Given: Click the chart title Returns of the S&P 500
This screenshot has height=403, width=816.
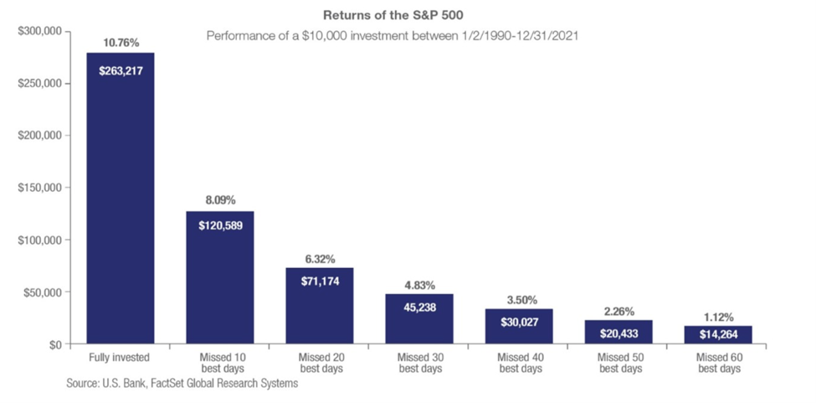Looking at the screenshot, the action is [393, 14].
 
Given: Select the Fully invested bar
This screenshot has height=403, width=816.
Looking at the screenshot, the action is [121, 198].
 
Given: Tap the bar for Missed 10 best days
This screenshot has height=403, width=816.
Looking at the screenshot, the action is [219, 277].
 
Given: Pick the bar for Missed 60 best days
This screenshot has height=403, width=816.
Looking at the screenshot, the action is [718, 335].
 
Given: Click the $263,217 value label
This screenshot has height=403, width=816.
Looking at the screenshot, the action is [121, 71].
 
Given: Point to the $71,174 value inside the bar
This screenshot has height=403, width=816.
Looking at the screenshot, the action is [320, 282].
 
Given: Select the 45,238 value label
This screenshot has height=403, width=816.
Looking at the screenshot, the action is [419, 307].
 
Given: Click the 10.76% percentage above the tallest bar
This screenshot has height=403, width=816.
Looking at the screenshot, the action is [121, 44].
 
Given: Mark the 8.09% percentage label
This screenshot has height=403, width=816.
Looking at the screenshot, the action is [220, 200].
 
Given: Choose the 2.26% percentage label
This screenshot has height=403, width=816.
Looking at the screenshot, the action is [618, 312].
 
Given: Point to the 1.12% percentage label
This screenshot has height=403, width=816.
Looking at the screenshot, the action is [718, 316].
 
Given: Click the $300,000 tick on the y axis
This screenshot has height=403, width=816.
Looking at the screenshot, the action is [41, 32].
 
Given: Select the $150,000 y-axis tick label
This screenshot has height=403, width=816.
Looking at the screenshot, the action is [41, 188].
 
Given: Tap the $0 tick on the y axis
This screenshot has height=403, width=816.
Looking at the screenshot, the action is [55, 344].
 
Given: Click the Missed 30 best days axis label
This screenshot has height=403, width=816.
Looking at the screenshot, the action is [419, 363].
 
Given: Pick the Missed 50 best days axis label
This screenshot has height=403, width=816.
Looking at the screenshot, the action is [618, 363].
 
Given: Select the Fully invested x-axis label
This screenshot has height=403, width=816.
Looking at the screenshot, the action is [121, 358].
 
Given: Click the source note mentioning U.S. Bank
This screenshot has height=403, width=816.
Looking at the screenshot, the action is [182, 385].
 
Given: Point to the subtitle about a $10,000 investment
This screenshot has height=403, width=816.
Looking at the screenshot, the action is [393, 37].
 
